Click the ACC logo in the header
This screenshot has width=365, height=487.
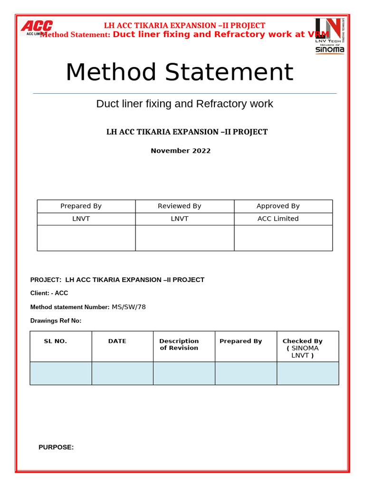point(37,27)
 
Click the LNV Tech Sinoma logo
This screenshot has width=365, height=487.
point(330,36)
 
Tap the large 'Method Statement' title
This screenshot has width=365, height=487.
point(179,72)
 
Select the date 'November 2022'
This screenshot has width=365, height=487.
point(181,151)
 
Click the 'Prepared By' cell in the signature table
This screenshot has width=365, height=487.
point(81,206)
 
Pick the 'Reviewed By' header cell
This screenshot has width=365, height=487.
point(179,206)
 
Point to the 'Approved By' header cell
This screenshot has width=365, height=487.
point(278,206)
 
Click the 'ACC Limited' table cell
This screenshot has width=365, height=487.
point(278,219)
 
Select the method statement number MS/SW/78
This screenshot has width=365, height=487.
point(129,307)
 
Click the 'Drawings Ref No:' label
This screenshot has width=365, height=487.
point(56,321)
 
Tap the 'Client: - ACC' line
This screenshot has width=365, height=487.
point(49,293)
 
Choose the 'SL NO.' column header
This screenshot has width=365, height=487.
point(56,341)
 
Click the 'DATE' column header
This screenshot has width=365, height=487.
point(117,341)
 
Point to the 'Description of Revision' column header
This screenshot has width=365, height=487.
point(179,344)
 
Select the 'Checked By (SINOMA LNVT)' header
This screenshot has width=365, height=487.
point(303,348)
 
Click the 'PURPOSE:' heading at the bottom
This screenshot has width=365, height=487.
point(56,447)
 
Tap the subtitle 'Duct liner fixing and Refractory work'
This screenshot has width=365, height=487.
point(184,104)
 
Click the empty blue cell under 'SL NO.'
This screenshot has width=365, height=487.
point(61,373)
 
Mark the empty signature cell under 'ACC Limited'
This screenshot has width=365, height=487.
point(283,238)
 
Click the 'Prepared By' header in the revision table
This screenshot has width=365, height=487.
point(240,341)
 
